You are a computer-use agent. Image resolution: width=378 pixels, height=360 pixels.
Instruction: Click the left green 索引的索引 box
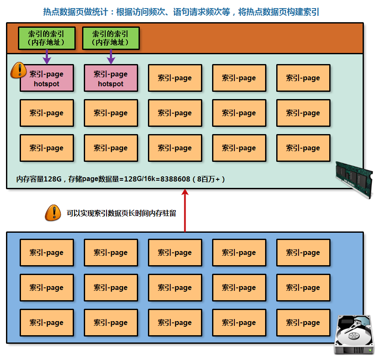47,38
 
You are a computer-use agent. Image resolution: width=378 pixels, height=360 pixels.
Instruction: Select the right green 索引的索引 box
111,38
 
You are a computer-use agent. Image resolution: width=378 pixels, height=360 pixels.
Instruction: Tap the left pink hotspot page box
47,78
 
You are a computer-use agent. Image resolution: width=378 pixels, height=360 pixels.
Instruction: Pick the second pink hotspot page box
111,78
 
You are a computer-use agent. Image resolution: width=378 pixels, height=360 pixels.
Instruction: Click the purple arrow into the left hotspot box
47,57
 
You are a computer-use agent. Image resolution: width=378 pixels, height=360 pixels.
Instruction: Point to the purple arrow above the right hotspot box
111,57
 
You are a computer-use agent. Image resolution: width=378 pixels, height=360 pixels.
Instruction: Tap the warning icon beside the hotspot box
18,70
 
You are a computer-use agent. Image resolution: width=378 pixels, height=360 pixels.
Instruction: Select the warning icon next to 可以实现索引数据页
53,213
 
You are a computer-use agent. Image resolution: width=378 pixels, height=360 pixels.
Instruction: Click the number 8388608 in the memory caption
175,179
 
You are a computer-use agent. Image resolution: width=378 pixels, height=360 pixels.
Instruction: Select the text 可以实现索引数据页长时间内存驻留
121,213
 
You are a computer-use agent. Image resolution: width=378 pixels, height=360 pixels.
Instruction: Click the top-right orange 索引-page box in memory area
303,78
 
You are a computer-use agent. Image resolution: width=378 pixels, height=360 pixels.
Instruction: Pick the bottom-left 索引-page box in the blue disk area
47,323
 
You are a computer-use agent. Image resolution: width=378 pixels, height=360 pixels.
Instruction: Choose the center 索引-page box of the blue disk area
175,288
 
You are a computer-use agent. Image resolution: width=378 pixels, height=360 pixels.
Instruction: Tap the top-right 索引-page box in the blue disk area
303,253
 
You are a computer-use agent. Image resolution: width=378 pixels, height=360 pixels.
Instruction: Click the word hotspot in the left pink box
47,84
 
